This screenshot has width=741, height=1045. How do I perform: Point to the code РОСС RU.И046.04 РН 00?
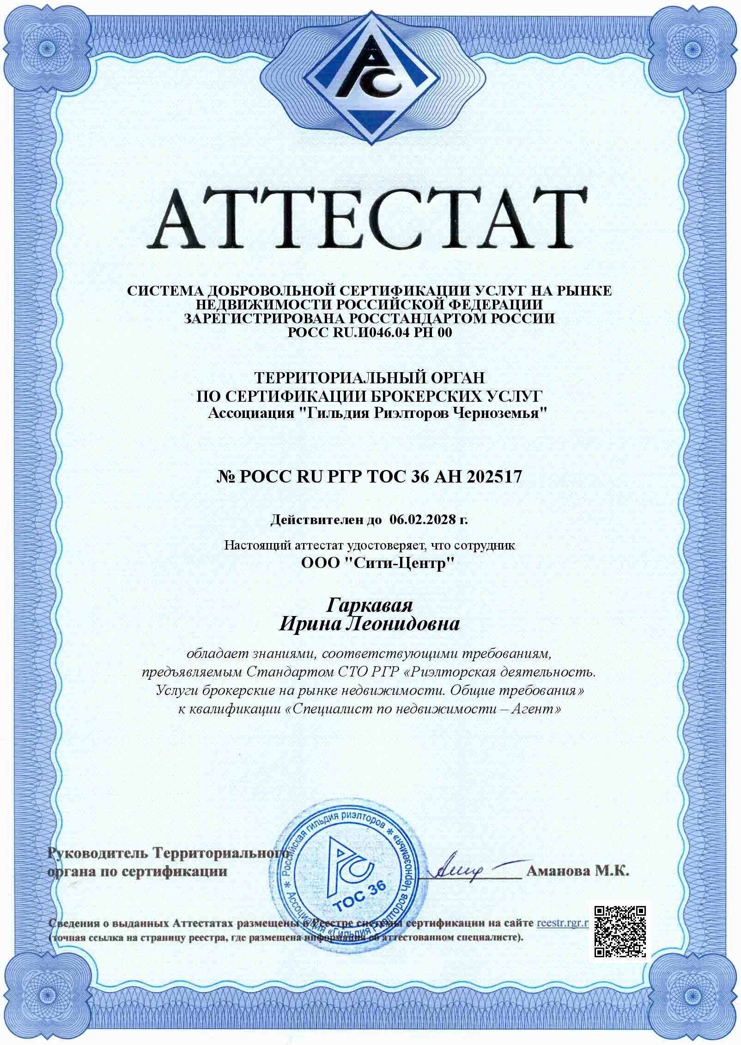370,332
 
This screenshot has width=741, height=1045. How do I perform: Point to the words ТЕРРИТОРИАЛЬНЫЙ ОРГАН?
370,378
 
